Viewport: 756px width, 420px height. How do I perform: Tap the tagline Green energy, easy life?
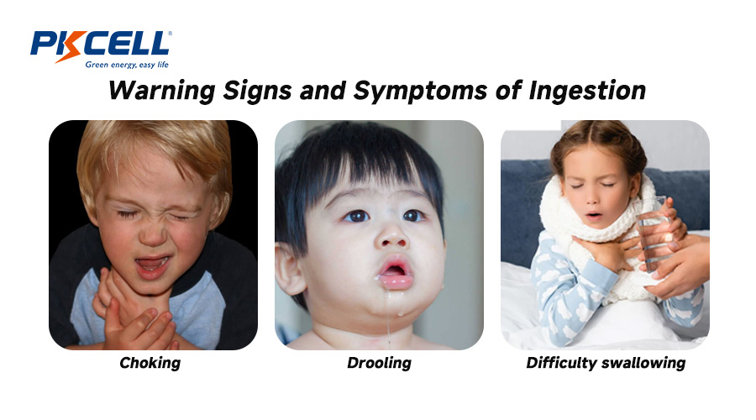click(127, 65)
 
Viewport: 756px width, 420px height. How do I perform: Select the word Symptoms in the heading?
click(420, 91)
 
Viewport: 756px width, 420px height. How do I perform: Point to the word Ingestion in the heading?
click(587, 91)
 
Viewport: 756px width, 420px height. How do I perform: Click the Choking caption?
click(150, 363)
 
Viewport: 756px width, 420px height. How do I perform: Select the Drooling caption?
click(379, 363)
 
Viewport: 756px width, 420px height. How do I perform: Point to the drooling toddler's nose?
click(391, 236)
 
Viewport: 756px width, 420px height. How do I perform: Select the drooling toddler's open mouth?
click(395, 272)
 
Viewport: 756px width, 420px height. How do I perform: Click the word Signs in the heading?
click(257, 91)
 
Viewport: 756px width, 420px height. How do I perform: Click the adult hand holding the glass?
click(677, 263)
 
